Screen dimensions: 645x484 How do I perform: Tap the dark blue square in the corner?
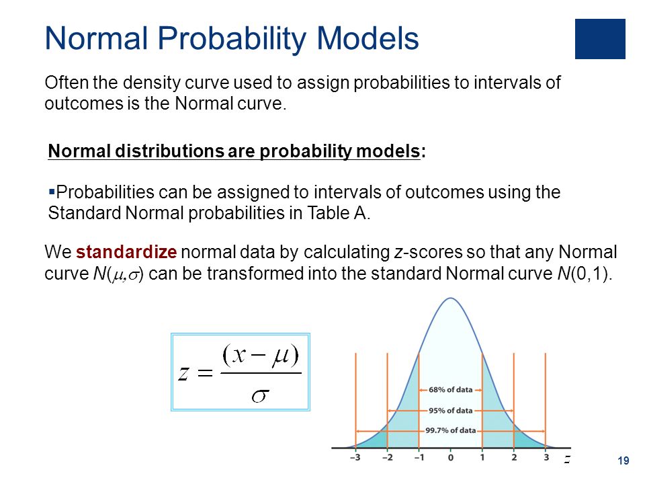(x=600, y=39)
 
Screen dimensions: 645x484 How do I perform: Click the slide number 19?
(x=623, y=460)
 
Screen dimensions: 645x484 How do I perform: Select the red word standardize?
(x=126, y=252)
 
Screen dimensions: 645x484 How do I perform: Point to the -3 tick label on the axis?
(x=355, y=457)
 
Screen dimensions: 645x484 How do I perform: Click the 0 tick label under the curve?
(x=450, y=457)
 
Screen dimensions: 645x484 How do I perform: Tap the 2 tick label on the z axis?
(x=514, y=457)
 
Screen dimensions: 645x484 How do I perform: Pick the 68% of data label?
(x=450, y=390)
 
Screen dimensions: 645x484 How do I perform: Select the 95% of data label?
(x=450, y=411)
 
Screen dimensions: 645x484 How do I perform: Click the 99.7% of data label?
(x=450, y=430)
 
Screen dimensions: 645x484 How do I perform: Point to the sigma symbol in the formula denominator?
(x=260, y=396)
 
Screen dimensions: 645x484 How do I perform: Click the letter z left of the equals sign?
(x=183, y=373)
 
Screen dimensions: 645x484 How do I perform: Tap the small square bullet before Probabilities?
(x=52, y=192)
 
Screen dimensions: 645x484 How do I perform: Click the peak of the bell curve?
(x=450, y=298)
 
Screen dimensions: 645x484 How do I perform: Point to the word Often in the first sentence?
(x=67, y=82)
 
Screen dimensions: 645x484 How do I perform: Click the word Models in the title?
(x=368, y=39)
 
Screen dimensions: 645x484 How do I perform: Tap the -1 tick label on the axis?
(x=419, y=457)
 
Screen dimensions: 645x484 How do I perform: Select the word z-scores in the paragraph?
(x=428, y=252)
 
